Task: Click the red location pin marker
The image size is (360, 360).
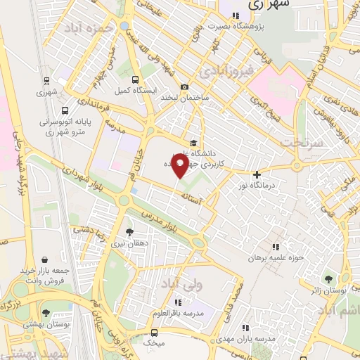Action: point(180,167)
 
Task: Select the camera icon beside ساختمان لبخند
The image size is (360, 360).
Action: point(184,87)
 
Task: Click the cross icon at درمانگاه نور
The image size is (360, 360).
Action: point(257,174)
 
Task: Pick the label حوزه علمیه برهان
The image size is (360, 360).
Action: point(278,257)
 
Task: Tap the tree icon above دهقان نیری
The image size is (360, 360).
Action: point(129,231)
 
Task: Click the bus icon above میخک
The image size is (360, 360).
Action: point(154,332)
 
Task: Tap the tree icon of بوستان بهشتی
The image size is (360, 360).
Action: point(46,313)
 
